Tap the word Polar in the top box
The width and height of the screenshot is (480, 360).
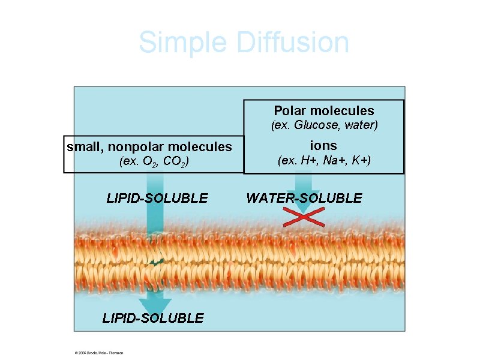[x=290, y=111]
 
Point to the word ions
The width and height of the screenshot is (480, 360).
[x=323, y=145]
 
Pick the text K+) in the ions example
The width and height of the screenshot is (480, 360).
[x=359, y=161]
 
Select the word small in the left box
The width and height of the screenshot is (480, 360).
[x=83, y=146]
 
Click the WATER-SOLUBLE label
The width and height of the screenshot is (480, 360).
[x=304, y=198]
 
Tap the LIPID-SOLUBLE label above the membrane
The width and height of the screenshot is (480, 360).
[x=157, y=198]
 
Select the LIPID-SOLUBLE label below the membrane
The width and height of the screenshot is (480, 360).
[x=153, y=318]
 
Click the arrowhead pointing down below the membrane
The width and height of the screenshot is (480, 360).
[x=155, y=304]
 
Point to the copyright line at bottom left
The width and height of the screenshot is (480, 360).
[x=99, y=353]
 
